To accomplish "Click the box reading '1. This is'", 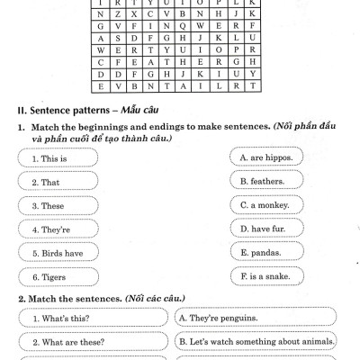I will coord(62,158).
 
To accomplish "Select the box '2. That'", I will coord(62,182).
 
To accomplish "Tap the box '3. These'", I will coord(62,206).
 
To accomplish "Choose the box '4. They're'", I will coord(62,229).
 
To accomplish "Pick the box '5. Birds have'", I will coord(62,254).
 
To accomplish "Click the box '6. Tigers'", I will coord(62,278).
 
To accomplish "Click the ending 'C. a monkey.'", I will coord(266,204).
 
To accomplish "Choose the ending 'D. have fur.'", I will coord(266,229).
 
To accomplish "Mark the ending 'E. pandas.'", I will coord(266,252).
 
